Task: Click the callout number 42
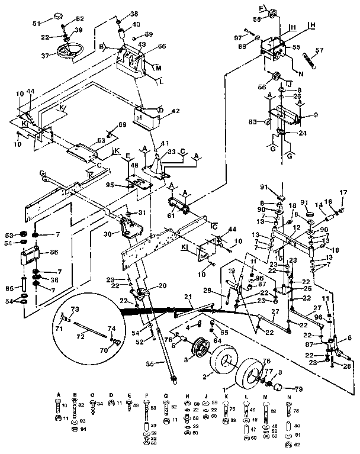click(x=158, y=111)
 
